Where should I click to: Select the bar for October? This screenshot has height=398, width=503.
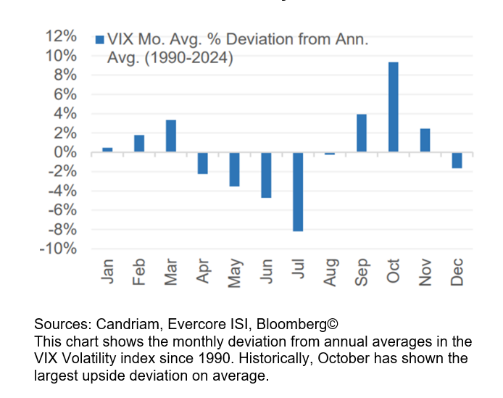(393, 107)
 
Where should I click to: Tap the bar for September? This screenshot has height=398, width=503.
(361, 133)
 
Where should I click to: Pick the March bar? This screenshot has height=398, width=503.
(171, 136)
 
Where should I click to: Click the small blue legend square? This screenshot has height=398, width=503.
(99, 41)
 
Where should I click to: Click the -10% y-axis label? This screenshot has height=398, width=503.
(58, 249)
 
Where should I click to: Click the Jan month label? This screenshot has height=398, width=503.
(107, 272)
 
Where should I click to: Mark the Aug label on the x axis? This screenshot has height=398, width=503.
(330, 272)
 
